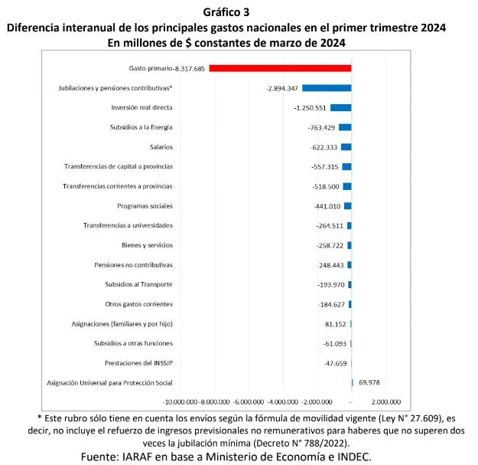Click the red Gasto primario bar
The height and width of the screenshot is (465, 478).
point(280,68)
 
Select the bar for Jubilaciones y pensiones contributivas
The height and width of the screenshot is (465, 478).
point(327,88)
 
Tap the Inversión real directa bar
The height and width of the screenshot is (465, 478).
point(340,108)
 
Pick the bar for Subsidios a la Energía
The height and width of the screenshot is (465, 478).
point(345,127)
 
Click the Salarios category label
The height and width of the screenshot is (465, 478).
point(161,147)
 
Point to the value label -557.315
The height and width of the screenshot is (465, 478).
point(327,166)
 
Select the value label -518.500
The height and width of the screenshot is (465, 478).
point(327,186)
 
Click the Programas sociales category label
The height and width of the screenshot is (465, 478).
point(145,206)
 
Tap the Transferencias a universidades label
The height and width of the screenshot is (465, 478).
point(128,225)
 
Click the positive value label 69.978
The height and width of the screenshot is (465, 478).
point(369,382)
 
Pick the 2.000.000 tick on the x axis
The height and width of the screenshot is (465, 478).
point(385,401)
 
